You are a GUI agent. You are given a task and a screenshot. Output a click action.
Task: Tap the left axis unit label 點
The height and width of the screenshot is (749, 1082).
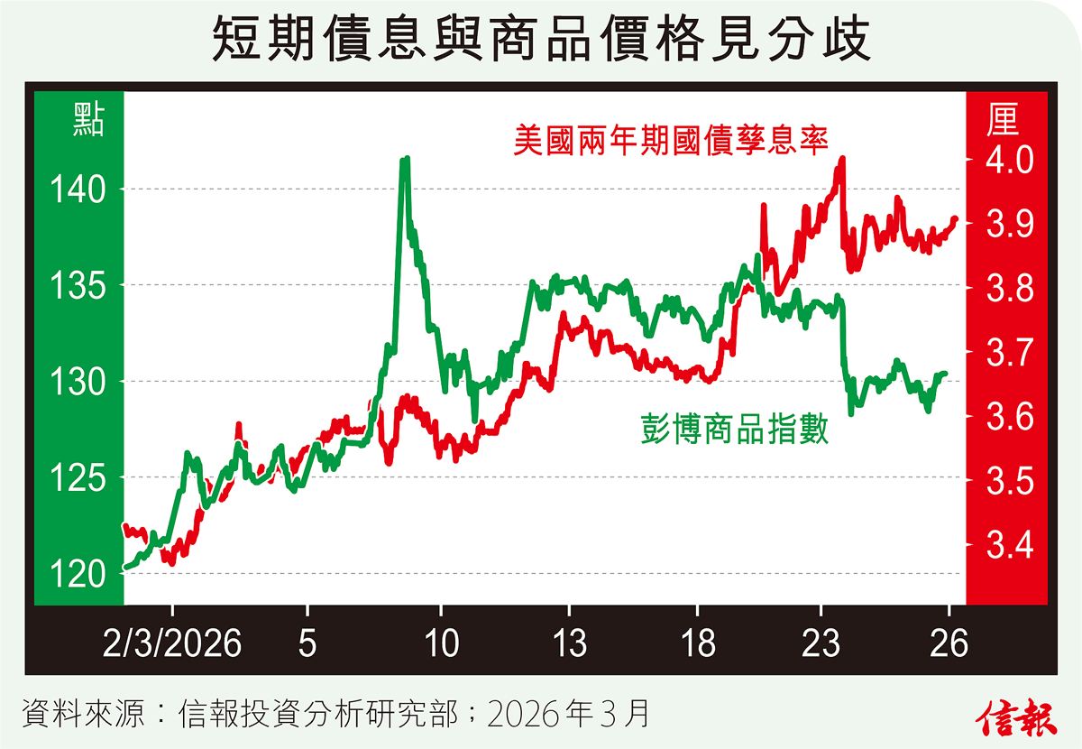coord(87,121)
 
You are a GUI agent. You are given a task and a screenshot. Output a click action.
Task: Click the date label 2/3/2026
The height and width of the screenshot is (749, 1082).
coord(173,643)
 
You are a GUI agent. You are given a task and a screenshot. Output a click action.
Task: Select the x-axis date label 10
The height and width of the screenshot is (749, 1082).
coord(441,643)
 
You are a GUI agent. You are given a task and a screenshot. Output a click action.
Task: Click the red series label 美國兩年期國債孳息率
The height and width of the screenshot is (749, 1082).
coord(671,140)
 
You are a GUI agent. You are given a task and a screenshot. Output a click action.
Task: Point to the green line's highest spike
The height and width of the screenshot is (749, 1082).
coord(405,160)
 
